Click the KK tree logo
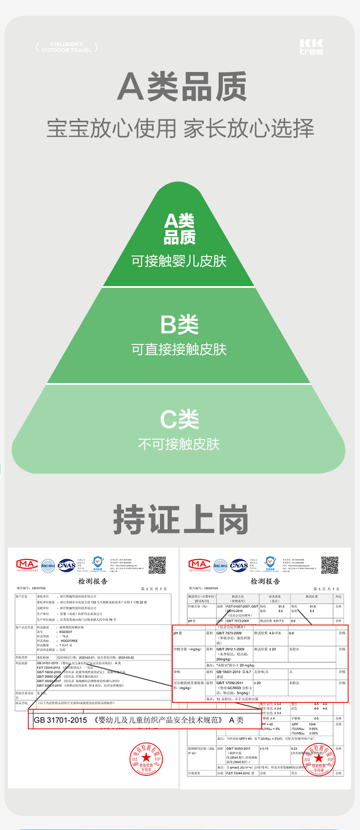(x=311, y=47)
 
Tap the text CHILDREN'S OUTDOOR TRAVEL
(x=67, y=47)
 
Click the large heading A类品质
(x=182, y=87)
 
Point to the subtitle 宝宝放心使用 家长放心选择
(x=180, y=128)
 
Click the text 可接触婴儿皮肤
(x=179, y=261)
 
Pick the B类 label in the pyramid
(x=179, y=325)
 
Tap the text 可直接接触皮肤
(x=179, y=349)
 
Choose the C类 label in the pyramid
(x=179, y=420)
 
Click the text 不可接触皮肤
(x=179, y=444)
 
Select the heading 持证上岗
(x=180, y=520)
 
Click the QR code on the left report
(x=157, y=565)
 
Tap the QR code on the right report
(x=329, y=565)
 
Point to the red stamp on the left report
(x=146, y=758)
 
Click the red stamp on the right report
(x=319, y=758)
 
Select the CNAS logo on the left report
(x=67, y=565)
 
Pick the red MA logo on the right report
(x=200, y=565)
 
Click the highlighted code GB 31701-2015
(x=61, y=720)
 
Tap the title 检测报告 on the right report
(x=265, y=581)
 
